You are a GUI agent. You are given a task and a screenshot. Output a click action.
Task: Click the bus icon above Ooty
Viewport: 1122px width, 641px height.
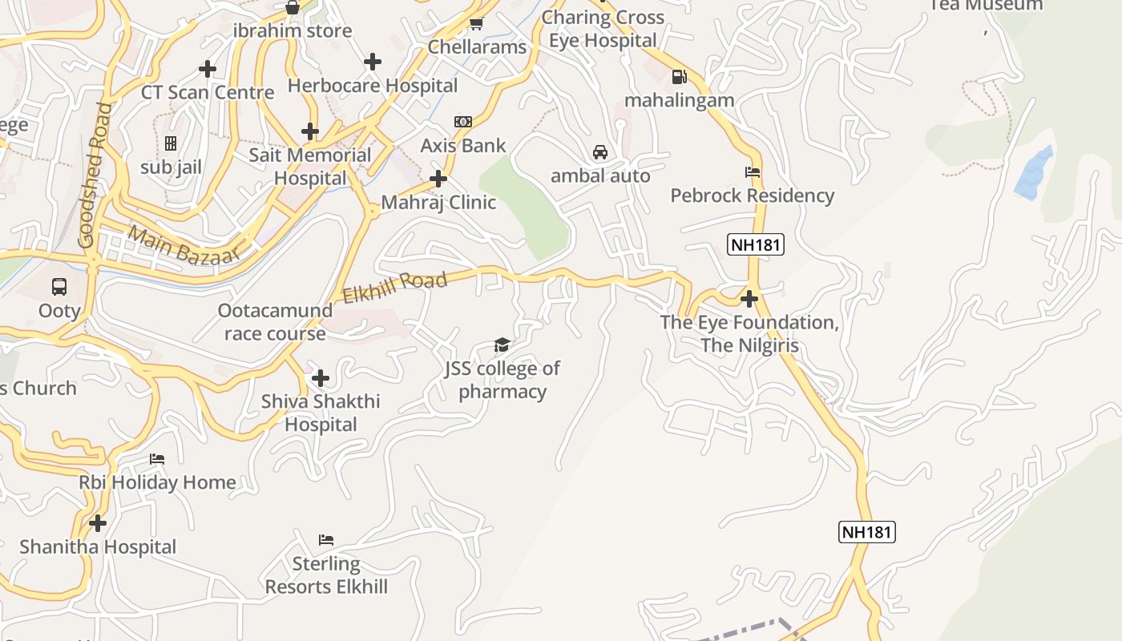59,286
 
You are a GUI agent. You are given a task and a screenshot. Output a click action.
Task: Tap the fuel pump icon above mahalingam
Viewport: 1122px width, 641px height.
680,77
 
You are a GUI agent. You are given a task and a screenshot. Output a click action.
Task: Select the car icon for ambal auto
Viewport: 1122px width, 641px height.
599,151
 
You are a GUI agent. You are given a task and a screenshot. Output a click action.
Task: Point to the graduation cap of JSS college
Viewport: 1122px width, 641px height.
502,345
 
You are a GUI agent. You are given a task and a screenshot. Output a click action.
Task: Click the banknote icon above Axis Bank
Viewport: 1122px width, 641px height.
463,122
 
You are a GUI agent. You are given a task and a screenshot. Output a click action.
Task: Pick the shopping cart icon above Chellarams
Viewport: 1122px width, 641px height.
477,23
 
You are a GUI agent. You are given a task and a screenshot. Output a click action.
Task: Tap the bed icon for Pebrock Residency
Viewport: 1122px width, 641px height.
752,171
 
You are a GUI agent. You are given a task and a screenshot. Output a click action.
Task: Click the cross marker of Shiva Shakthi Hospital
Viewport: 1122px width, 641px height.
321,377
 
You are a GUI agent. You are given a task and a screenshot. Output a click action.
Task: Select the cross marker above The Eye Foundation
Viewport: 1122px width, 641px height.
749,299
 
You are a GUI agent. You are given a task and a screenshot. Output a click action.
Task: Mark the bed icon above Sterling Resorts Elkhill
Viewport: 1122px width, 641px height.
325,539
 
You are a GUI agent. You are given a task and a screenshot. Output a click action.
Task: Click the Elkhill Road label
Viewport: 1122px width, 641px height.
394,288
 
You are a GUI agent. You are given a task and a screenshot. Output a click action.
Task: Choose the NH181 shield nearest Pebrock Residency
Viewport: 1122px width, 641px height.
756,244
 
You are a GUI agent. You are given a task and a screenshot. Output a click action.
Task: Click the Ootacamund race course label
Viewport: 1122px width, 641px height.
275,321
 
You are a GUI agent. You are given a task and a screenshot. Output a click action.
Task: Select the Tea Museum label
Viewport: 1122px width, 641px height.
986,6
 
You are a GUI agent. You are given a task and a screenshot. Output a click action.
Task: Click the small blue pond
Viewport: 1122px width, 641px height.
1034,172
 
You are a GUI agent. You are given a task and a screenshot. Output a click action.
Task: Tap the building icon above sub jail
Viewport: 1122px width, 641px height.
170,143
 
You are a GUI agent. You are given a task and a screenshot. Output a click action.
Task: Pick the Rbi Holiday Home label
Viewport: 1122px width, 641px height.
157,482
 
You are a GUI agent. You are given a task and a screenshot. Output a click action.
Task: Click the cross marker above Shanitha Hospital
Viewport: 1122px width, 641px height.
98,523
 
